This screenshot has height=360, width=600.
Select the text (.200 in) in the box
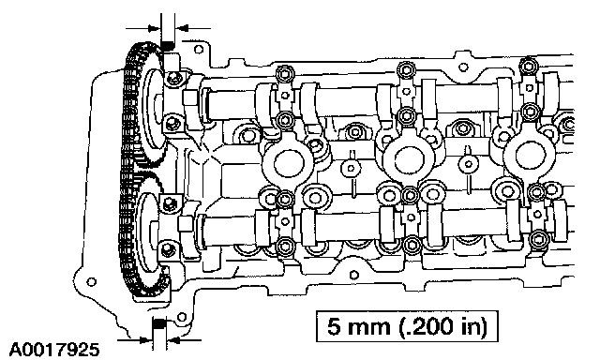coord(443,326)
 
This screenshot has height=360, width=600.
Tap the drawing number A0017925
coord(53,350)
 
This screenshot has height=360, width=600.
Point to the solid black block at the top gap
coord(167,46)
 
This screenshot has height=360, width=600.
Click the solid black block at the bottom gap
coord(159,323)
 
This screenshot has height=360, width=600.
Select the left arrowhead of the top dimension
coord(154,28)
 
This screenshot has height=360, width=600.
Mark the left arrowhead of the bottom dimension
coord(146,339)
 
